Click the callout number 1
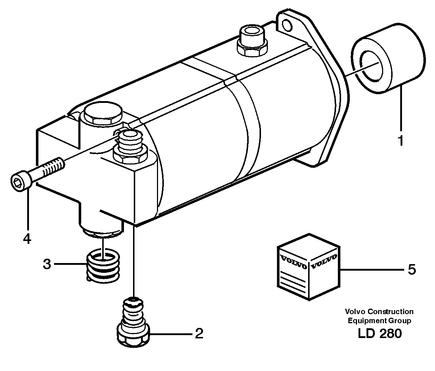(x=401, y=140)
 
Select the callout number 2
(x=199, y=333)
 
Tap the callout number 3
(x=47, y=264)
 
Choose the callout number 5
(x=411, y=270)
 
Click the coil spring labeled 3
(x=103, y=267)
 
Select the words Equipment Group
(x=379, y=320)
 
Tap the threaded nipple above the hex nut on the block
(x=130, y=139)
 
